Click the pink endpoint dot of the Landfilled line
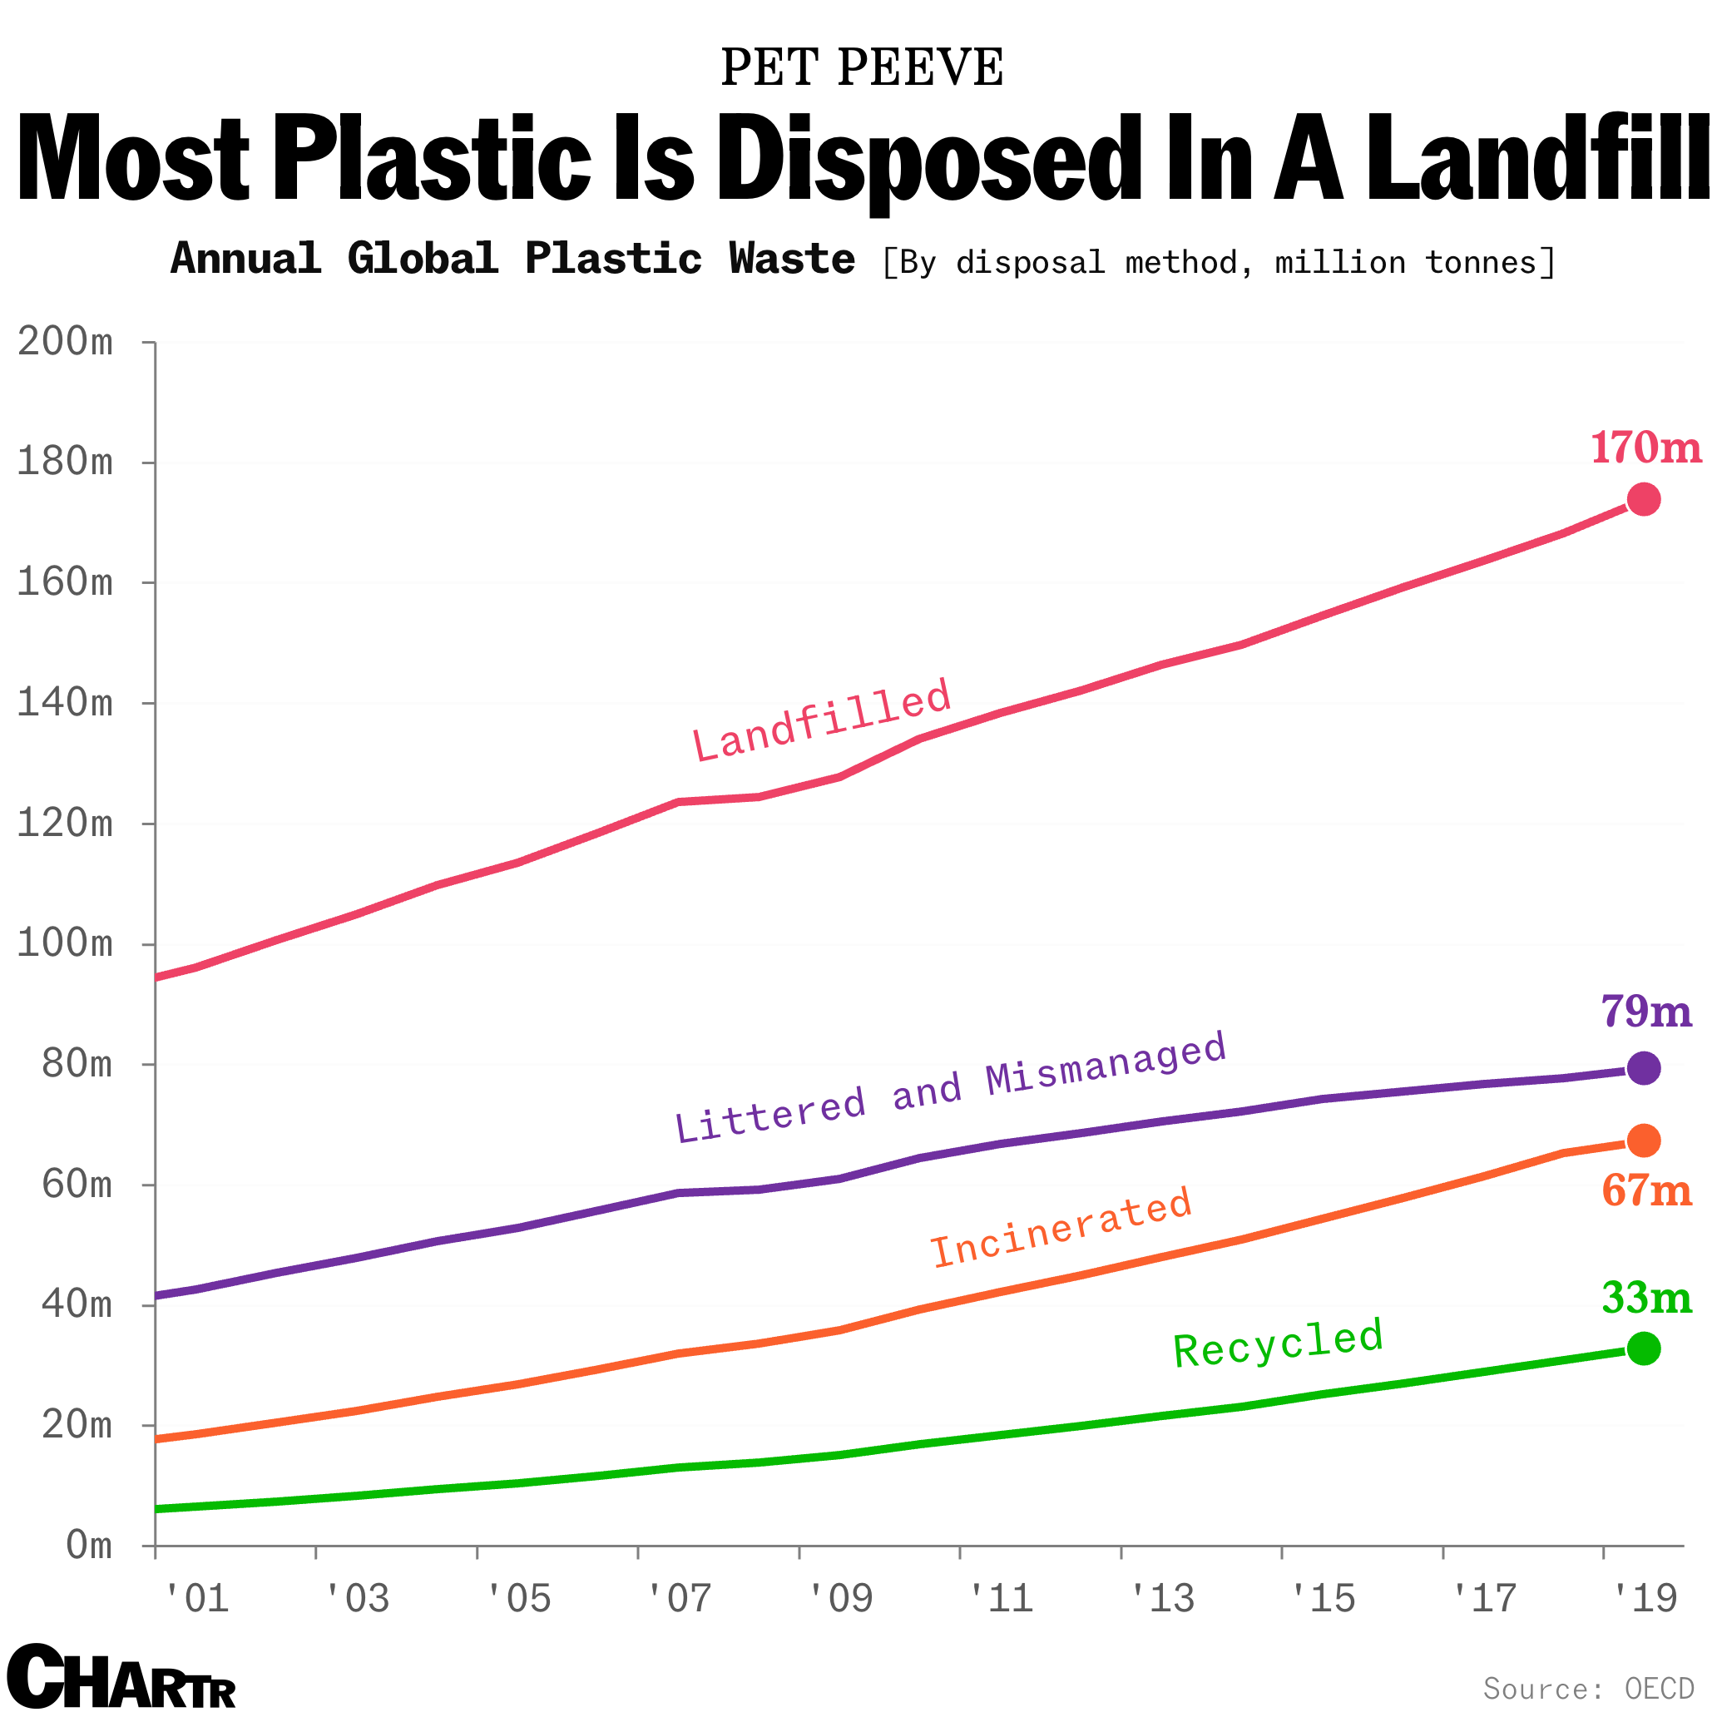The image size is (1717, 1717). pyautogui.click(x=1643, y=499)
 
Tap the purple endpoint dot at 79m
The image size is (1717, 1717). pyautogui.click(x=1643, y=1068)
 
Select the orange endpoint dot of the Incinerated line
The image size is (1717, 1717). pyautogui.click(x=1643, y=1141)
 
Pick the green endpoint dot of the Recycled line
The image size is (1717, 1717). pyautogui.click(x=1643, y=1349)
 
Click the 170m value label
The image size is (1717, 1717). pyautogui.click(x=1645, y=448)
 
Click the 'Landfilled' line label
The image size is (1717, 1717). pyautogui.click(x=822, y=720)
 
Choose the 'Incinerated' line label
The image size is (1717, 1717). pyautogui.click(x=1061, y=1227)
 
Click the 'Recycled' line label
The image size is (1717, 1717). pyautogui.click(x=1278, y=1343)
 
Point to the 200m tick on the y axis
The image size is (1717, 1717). pyautogui.click(x=66, y=342)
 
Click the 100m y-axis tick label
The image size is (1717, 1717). pyautogui.click(x=66, y=944)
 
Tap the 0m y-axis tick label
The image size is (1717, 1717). pyautogui.click(x=89, y=1546)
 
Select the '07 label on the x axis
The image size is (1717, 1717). pyautogui.click(x=679, y=1599)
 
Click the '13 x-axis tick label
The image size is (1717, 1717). pyautogui.click(x=1161, y=1599)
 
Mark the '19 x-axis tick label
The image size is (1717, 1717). pyautogui.click(x=1644, y=1599)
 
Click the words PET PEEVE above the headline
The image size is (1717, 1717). pyautogui.click(x=861, y=67)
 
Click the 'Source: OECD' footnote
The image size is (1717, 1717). pyautogui.click(x=1588, y=1688)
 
